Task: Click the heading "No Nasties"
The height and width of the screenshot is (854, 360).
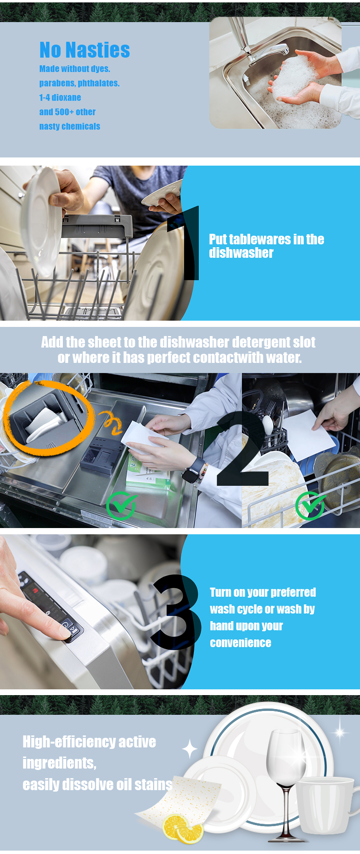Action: (84, 50)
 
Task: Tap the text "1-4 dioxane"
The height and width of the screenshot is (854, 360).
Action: (60, 97)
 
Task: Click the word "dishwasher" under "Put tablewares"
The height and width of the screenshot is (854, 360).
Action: (241, 253)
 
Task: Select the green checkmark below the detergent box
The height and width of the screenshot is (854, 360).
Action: (121, 505)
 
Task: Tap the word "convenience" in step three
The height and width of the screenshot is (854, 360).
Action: (240, 643)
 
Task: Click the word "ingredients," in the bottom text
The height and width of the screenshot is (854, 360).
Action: (60, 763)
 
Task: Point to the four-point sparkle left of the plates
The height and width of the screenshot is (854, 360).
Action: (190, 749)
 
